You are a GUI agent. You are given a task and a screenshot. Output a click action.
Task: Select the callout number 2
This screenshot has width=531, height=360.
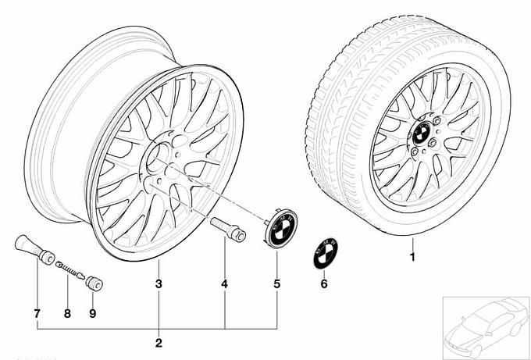pos(159,343)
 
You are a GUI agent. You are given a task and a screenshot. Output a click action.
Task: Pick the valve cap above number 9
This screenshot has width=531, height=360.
pos(94,280)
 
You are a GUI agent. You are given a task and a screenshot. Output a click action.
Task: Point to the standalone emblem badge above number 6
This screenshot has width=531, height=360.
pos(322,253)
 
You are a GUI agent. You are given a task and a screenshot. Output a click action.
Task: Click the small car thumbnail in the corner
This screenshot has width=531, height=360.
pos(484,327)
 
